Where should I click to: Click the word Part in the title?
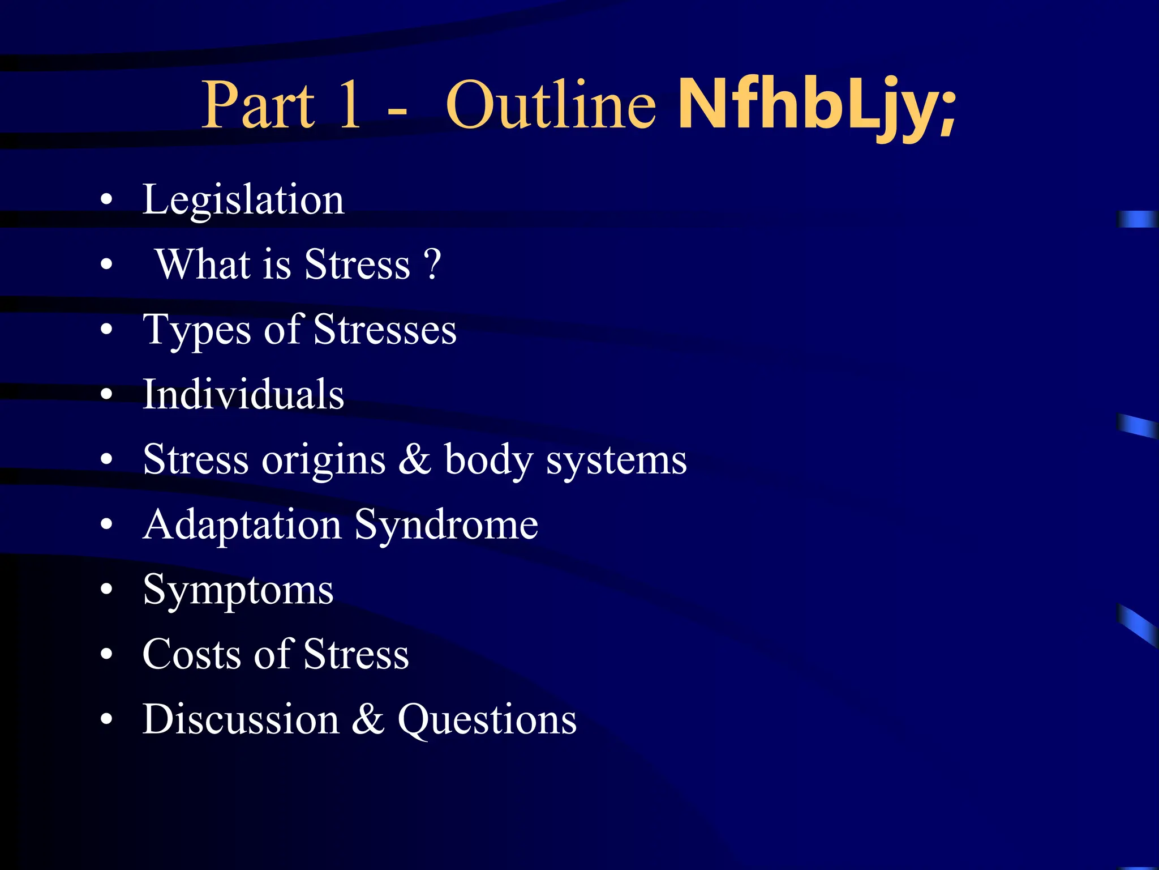(x=258, y=105)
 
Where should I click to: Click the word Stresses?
(x=385, y=330)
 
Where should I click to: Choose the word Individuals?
(x=243, y=394)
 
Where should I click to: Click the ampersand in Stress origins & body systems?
(x=415, y=459)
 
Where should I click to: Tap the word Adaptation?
(x=242, y=525)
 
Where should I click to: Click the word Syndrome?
(x=447, y=525)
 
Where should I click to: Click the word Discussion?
(x=241, y=719)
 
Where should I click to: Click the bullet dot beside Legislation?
(x=106, y=200)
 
